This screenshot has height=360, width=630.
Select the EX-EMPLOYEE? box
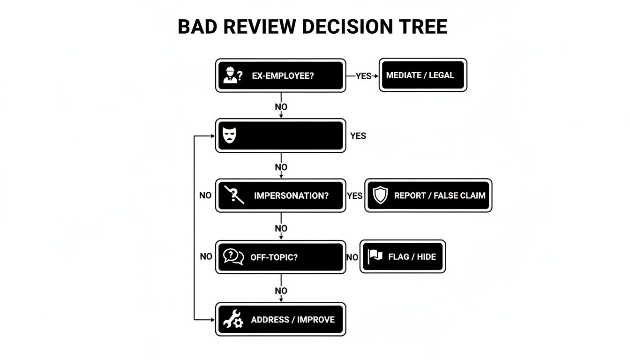(280, 75)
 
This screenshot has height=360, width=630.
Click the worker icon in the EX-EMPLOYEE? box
(230, 75)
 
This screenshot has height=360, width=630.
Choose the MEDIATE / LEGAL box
(423, 75)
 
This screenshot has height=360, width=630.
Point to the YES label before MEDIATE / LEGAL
(363, 76)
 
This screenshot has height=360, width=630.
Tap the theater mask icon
(228, 136)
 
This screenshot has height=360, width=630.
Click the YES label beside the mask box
(358, 136)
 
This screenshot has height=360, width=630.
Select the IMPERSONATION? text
(291, 195)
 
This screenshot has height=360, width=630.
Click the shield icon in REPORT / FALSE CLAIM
(380, 195)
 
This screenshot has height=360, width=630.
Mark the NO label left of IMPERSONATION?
(205, 195)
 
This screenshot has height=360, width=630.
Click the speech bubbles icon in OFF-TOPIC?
(233, 256)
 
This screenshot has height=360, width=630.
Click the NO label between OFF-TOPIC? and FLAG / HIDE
(352, 257)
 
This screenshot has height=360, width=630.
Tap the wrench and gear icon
(233, 319)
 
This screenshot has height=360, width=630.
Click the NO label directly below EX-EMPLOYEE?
(281, 107)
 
